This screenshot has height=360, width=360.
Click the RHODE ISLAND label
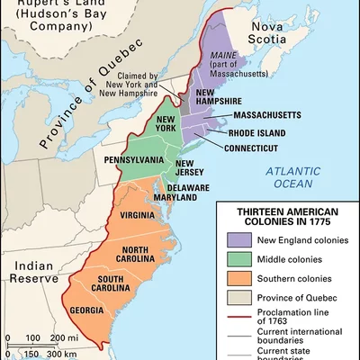[x=262, y=132]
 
